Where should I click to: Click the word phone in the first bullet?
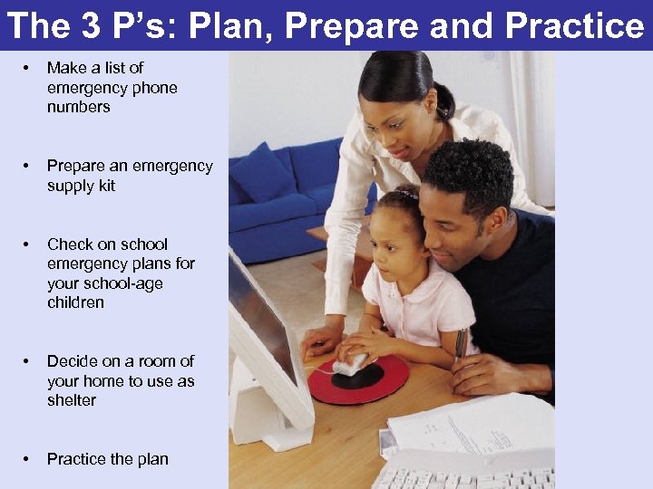(156, 88)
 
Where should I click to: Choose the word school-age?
(123, 283)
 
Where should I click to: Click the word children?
(75, 302)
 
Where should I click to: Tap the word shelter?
(72, 400)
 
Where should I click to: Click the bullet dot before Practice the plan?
(30, 459)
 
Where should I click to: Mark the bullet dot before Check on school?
(30, 244)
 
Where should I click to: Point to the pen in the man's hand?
(461, 343)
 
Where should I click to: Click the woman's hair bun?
(443, 100)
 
